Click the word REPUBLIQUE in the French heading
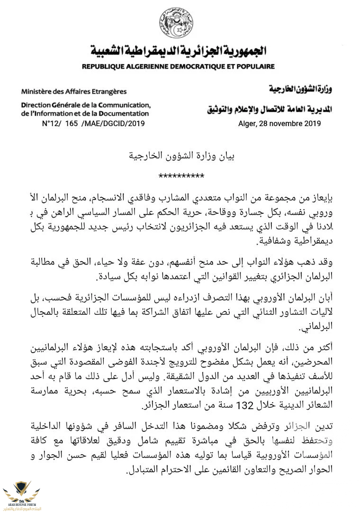(106, 67)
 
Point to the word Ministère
(38, 91)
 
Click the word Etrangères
(107, 91)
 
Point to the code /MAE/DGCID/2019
(113, 124)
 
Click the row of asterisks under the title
(181, 176)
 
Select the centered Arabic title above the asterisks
(181, 155)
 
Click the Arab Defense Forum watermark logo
(21, 493)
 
